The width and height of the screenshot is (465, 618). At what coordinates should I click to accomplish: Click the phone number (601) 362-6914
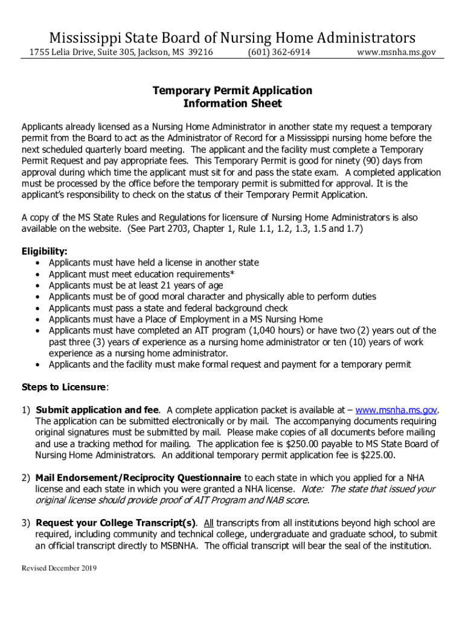[x=279, y=53]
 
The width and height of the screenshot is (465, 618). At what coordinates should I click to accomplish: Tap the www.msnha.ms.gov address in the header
[x=396, y=53]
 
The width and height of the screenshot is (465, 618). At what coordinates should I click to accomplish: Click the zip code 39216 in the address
[x=200, y=53]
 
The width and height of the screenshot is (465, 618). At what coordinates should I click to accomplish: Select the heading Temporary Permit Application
[x=232, y=91]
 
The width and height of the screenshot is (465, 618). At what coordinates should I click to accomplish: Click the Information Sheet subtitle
[x=232, y=103]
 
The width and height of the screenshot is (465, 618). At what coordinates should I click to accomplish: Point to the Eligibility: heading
[x=45, y=251]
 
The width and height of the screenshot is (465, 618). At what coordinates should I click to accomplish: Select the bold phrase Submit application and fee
[x=98, y=410]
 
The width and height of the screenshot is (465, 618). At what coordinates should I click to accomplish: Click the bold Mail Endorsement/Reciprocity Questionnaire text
[x=139, y=477]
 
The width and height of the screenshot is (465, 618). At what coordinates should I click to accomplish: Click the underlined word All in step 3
[x=208, y=523]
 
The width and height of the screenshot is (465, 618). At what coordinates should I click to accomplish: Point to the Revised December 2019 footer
[x=59, y=569]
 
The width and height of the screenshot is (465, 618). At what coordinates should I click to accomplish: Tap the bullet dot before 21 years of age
[x=39, y=285]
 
